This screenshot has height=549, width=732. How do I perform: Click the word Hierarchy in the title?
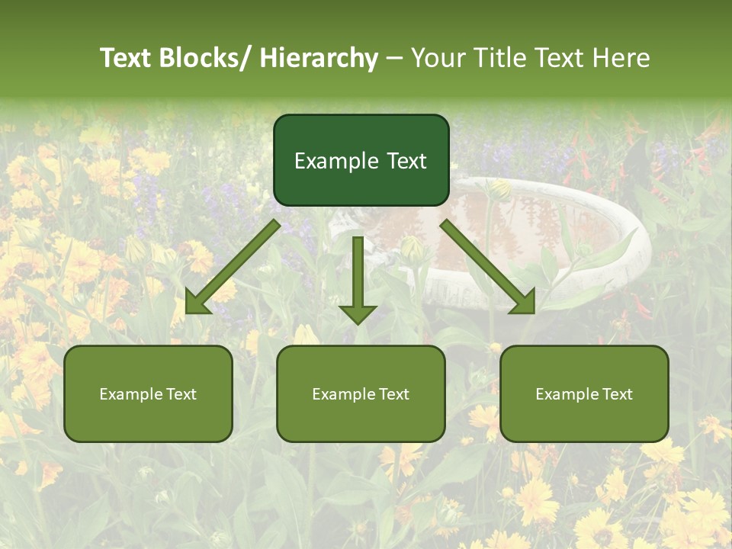point(319,58)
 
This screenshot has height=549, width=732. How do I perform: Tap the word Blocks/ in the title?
point(205,58)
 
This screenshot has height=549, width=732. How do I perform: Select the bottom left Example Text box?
point(148,393)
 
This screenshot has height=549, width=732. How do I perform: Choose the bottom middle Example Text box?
point(361,393)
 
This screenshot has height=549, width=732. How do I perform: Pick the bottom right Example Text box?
point(584,393)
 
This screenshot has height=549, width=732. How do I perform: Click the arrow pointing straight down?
point(358,278)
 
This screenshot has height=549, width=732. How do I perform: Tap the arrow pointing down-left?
point(233,267)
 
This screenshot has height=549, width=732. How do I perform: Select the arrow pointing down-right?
point(488,267)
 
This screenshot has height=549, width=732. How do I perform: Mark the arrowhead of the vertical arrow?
point(358,313)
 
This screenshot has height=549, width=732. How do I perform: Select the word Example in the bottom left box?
point(130,393)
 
